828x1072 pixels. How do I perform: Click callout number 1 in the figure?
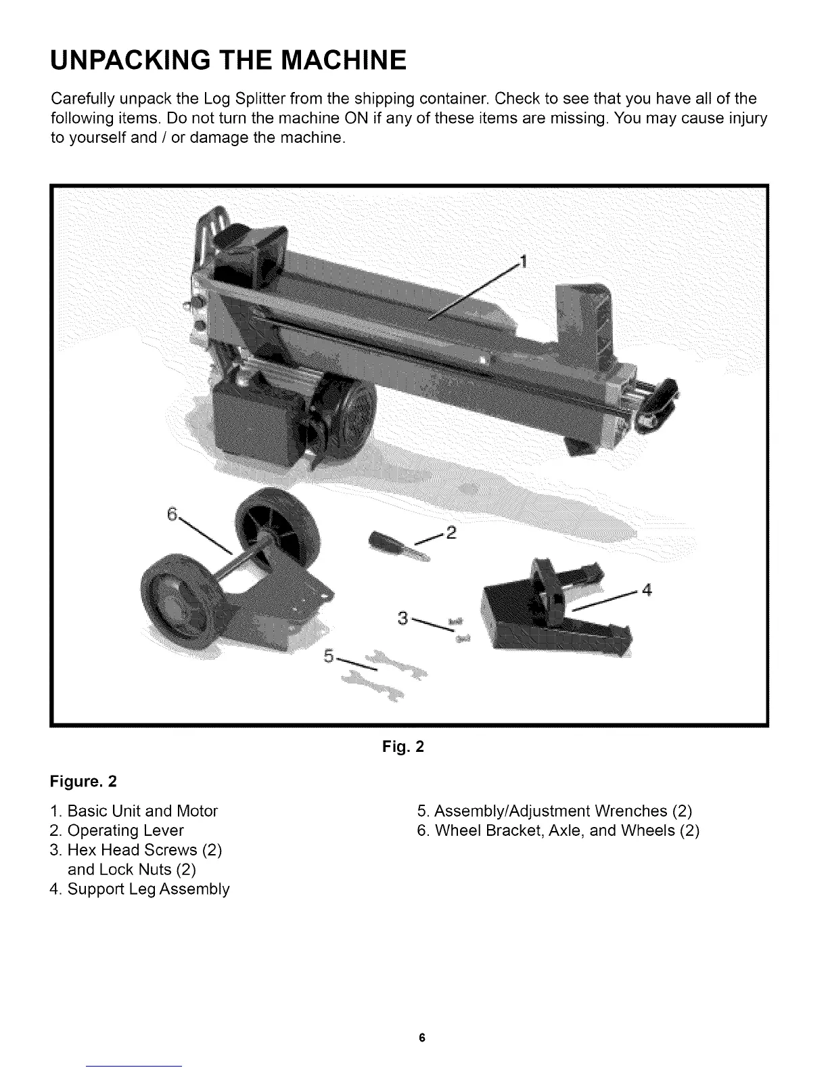(522, 261)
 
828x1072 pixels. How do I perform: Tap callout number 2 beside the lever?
(452, 532)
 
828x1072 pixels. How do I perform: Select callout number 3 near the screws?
(403, 618)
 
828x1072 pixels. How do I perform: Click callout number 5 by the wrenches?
(329, 656)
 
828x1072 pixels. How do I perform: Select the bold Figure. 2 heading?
(84, 782)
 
